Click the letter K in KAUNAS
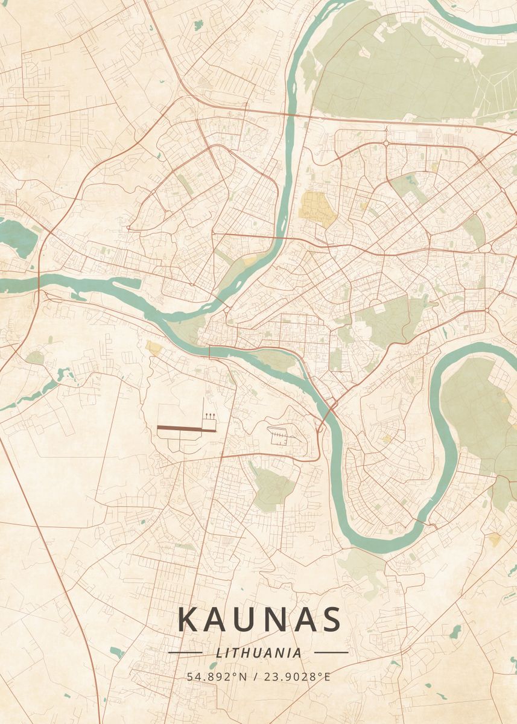click(x=189, y=620)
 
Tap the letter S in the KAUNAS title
click(x=330, y=620)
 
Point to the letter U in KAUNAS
click(x=247, y=620)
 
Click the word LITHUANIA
click(x=258, y=652)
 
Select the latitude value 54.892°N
click(x=217, y=676)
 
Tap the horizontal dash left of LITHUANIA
click(x=185, y=652)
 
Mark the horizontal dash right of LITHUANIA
click(x=331, y=652)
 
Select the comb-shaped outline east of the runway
click(x=280, y=434)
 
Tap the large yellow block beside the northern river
click(x=316, y=208)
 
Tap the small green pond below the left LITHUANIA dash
click(x=117, y=652)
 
